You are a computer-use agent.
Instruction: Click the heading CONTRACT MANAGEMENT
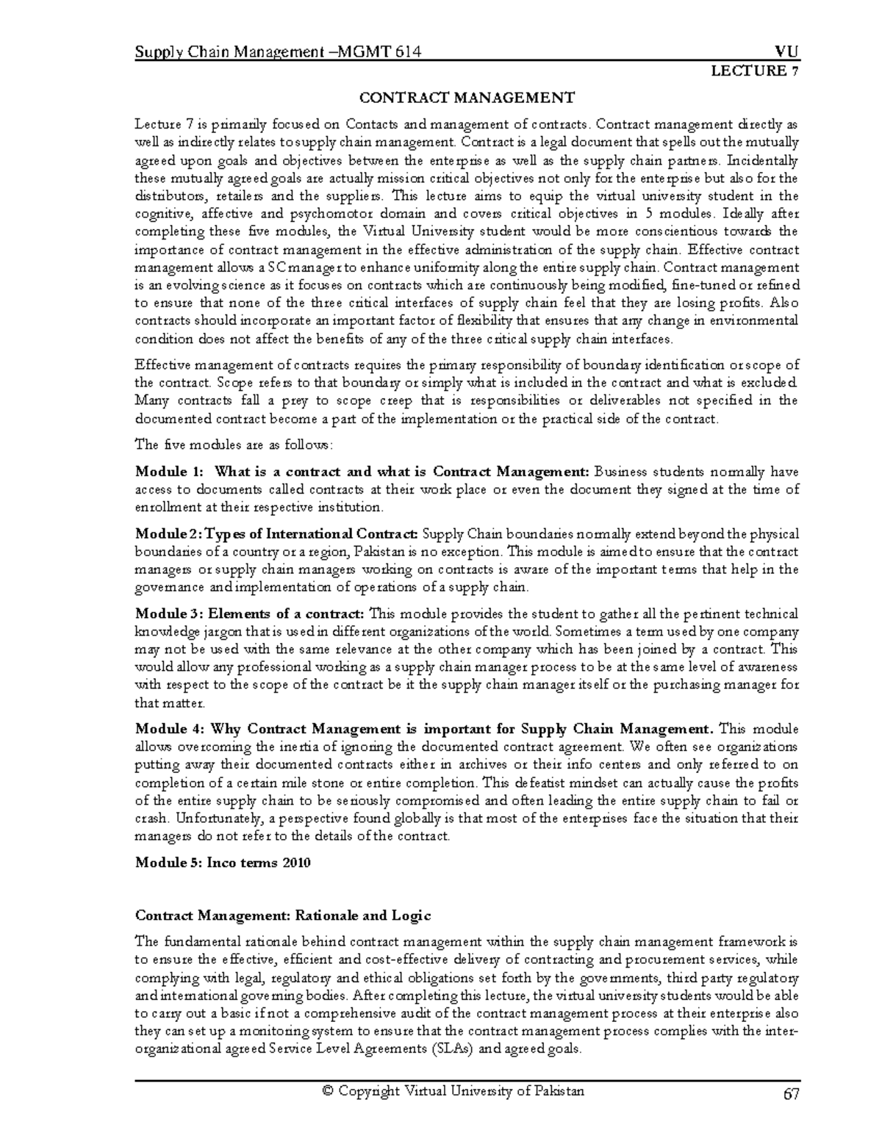coord(466,98)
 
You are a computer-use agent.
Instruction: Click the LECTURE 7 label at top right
coord(752,71)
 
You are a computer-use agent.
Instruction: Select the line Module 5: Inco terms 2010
coord(223,863)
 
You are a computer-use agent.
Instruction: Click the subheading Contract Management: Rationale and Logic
coord(283,915)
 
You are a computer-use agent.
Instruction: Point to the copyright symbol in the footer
coord(318,1091)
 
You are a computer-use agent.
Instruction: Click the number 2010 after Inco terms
coord(295,863)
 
